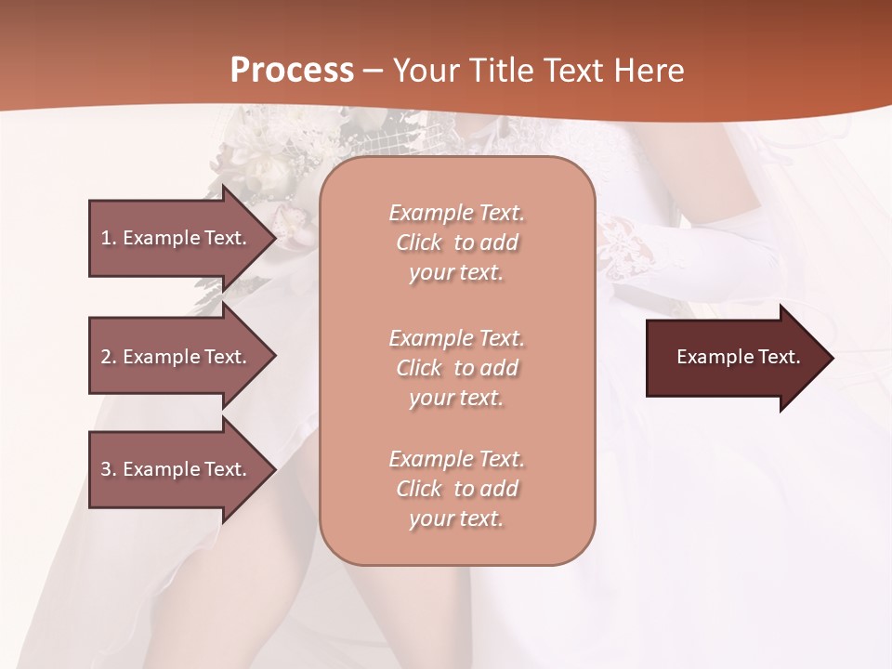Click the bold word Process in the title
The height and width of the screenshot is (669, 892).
(292, 71)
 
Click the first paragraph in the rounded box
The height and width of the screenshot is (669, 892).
(456, 243)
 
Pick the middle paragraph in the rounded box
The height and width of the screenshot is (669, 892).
(456, 368)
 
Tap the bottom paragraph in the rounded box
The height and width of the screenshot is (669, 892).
(456, 489)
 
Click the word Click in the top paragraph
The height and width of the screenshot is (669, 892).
(419, 243)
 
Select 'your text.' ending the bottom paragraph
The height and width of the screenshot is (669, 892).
(456, 519)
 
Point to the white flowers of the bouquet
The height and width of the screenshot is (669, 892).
(260, 158)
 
